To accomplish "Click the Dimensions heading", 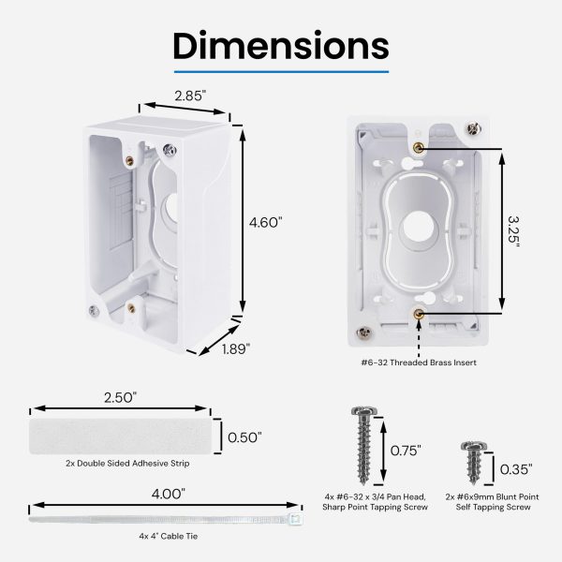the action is click(281, 46).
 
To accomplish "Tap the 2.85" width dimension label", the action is click(190, 96).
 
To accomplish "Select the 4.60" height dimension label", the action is click(266, 223).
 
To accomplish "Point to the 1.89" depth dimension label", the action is click(235, 348).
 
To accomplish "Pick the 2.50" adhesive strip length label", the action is click(121, 397).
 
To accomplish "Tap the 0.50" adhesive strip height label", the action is click(244, 437).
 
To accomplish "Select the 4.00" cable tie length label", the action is click(168, 495).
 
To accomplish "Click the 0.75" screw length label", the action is click(406, 451).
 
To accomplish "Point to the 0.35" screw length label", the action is click(516, 469).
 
